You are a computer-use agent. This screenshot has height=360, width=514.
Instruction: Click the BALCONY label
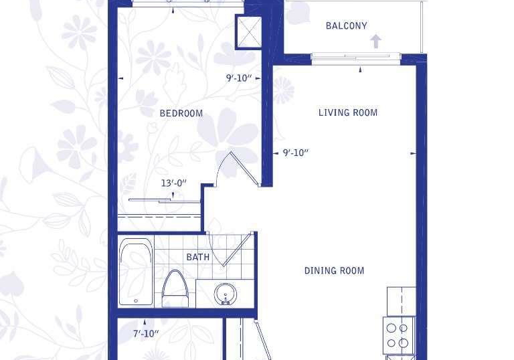pos(346,26)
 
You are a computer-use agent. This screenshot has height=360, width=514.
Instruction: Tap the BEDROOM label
pos(181,114)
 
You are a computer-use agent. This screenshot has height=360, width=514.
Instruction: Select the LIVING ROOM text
pos(348,113)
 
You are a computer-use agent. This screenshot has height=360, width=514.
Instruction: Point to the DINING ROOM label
pos(334,271)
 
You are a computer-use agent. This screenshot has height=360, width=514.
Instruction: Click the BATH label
pos(197,257)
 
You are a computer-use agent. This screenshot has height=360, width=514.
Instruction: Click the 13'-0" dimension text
pos(174,183)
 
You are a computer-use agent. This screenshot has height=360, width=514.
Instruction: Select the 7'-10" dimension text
pos(146,334)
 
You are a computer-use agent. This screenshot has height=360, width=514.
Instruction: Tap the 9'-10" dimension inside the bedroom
pos(239,78)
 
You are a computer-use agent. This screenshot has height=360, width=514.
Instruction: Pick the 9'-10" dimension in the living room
pos(296,153)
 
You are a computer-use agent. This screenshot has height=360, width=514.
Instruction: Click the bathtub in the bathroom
pos(136,272)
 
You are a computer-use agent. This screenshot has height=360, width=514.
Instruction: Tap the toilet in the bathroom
pos(175,289)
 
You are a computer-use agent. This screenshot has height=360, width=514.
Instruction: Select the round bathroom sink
pos(225,294)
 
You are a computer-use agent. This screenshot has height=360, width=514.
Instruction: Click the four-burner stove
pos(400,335)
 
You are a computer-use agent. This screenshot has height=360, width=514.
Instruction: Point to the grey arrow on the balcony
pos(375,41)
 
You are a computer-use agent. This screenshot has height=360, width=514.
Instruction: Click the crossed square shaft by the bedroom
pos(249,32)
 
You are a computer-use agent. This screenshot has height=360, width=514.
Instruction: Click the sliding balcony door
pos(355,58)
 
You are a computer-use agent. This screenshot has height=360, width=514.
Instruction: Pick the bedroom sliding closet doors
pos(164,201)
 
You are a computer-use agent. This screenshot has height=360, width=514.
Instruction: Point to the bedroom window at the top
pos(187,3)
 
